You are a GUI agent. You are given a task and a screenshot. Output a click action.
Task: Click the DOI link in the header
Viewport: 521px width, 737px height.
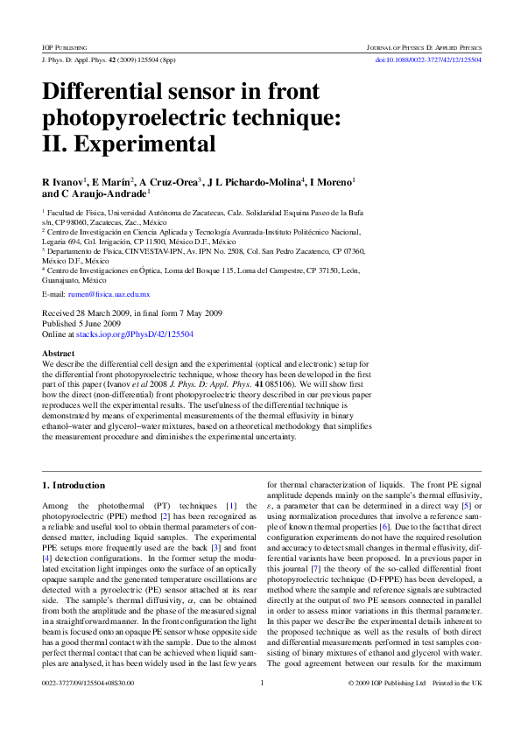coord(428,60)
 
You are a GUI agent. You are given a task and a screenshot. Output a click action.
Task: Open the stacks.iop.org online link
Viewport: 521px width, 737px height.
coord(134,334)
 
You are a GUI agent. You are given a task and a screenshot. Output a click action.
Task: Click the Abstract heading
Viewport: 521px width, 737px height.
coord(59,353)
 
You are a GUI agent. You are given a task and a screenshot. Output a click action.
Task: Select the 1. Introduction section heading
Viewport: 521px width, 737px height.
coord(74,485)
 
